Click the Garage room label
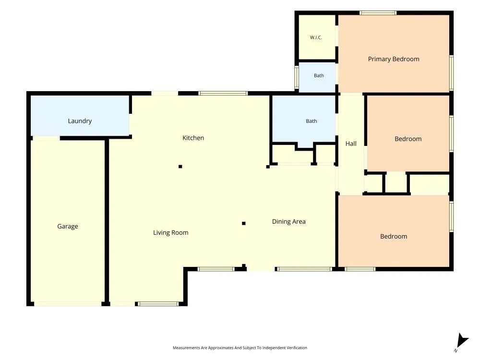pos(68,227)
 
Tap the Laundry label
pos(80,121)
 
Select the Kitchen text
pos(193,138)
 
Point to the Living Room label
pos(171,233)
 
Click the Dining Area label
pos(288,222)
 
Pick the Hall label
pos(351,144)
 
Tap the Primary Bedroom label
pos(394,59)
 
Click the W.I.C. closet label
pos(316,37)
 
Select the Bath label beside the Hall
pos(312,121)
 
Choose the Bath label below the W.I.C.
pos(319,76)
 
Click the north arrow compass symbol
pos(462,341)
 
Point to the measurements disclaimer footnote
pos(240,348)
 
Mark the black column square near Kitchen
pos(180,167)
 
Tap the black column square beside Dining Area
pos(244,224)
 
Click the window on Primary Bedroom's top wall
pos(378,13)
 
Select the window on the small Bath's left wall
pos(296,77)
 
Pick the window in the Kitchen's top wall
pos(223,94)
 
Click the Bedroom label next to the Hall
pos(408,139)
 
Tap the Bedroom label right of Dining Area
pos(394,236)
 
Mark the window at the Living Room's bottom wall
pos(157,304)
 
